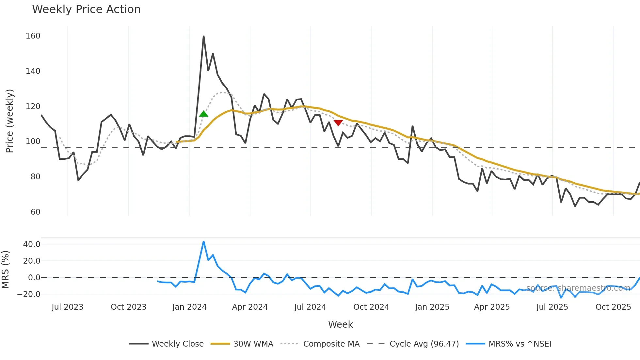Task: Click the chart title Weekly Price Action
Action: pos(86,9)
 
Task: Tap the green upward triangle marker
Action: pos(203,114)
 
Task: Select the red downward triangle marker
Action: pos(338,123)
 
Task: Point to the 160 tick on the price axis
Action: pos(33,36)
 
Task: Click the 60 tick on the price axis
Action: pos(35,212)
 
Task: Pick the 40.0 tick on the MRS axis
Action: pos(32,244)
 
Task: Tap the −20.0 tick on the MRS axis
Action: pos(29,294)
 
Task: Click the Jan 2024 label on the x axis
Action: pos(189,307)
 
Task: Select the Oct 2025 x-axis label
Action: pos(613,307)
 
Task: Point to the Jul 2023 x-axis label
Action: pos(68,307)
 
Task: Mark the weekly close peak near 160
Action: pos(203,36)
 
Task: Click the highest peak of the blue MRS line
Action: pos(203,242)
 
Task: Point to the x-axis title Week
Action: pos(340,324)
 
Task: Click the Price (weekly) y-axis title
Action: pos(9,121)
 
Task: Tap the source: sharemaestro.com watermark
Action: pos(578,288)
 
